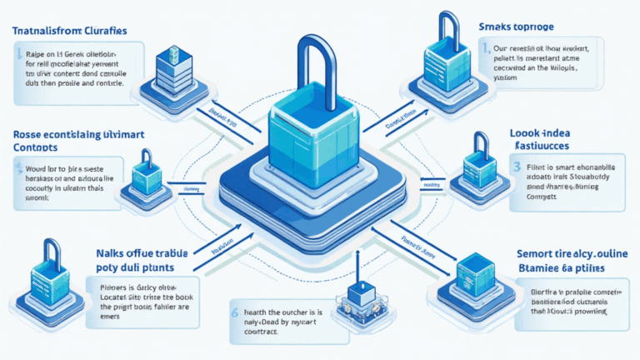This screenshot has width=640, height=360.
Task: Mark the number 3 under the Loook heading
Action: click(517, 167)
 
